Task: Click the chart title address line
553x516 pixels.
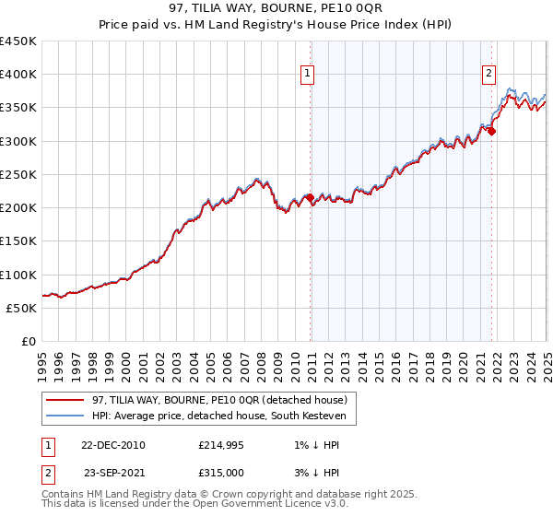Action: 276,8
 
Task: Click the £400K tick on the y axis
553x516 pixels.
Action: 18,75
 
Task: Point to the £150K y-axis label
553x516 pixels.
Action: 18,241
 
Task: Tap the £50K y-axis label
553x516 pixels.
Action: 22,309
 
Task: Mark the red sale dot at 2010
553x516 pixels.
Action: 311,198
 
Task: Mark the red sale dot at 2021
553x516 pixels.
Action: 491,132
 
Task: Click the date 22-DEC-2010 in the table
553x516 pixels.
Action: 112,446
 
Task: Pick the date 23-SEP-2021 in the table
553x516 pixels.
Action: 114,473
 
